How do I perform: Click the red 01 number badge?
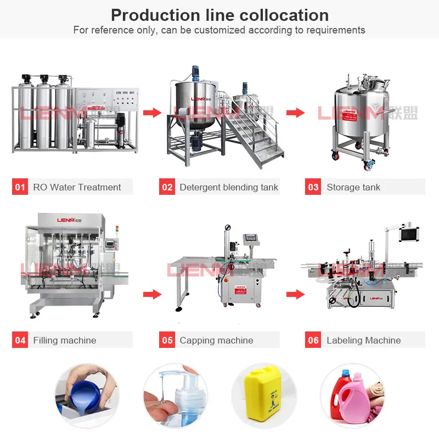tap(20, 187)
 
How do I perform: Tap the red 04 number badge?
tap(20, 340)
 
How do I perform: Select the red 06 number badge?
tap(313, 340)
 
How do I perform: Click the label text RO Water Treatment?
tap(77, 187)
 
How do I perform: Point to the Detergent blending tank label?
tap(229, 187)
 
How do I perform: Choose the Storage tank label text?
tap(353, 187)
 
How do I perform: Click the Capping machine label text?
tap(216, 340)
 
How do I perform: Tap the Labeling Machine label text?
tap(363, 340)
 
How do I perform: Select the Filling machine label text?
tap(64, 340)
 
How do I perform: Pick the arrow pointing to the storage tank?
tap(295, 113)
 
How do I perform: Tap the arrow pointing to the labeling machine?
tap(295, 295)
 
